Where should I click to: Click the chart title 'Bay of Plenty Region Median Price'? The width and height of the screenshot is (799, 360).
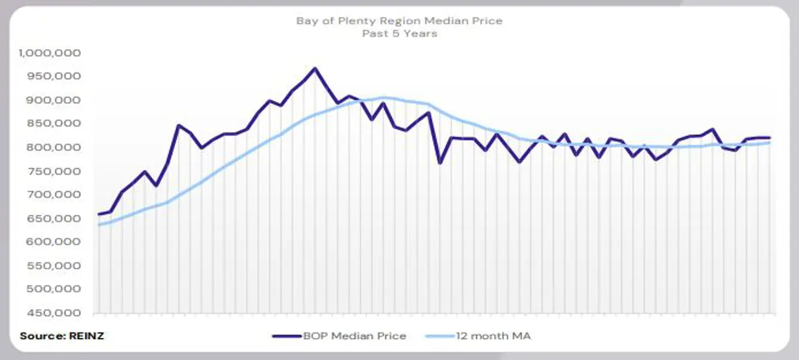coord(399,21)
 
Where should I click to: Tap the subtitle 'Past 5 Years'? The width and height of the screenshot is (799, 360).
coord(399,34)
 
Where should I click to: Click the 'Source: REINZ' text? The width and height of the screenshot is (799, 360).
coord(62,336)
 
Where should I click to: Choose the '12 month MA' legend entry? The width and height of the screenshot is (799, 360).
coord(478,336)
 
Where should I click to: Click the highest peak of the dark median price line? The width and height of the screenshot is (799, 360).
coord(314,68)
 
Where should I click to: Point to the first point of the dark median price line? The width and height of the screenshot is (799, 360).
coord(99,214)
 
